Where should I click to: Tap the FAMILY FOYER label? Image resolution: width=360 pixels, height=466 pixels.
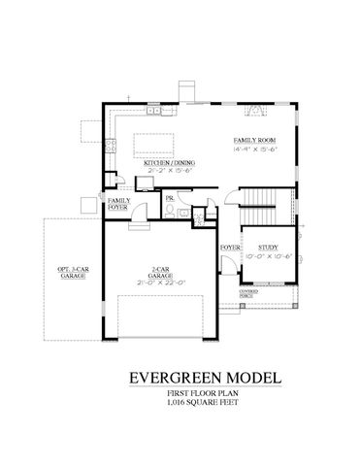(119, 203)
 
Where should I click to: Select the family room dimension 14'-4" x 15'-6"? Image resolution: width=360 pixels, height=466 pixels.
(251, 149)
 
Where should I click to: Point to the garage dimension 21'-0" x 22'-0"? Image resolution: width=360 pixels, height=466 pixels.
(162, 284)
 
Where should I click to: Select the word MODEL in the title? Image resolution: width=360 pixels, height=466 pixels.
(257, 375)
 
